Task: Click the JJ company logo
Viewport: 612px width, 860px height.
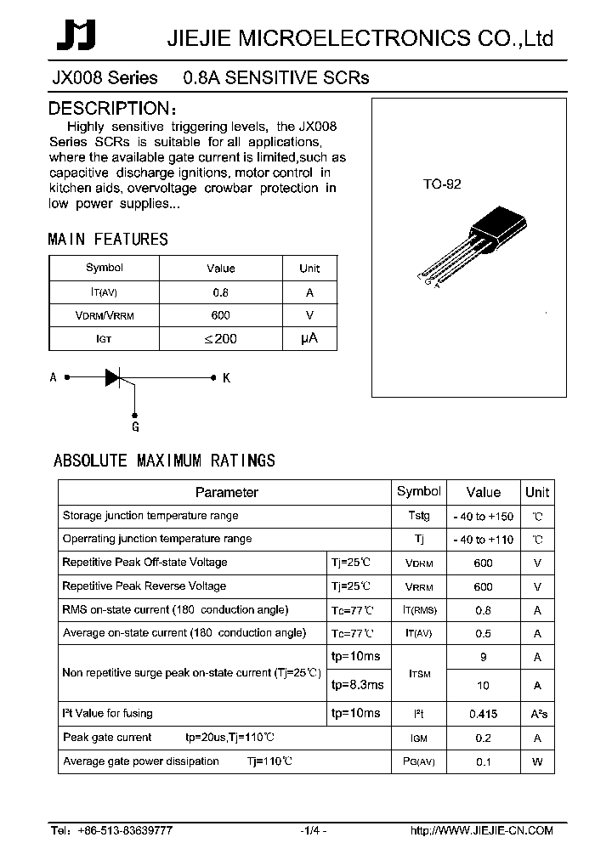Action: point(76,37)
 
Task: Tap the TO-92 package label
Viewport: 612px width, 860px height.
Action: point(442,184)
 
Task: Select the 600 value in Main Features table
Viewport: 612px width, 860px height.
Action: point(221,315)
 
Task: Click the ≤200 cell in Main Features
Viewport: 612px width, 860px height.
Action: point(221,338)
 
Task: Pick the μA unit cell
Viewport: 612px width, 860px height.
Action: point(309,338)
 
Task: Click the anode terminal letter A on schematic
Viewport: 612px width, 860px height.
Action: point(54,377)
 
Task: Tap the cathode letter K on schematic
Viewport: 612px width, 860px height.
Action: point(227,378)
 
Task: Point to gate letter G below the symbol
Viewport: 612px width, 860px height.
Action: point(134,427)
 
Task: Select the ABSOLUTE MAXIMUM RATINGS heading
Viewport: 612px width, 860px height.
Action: point(164,461)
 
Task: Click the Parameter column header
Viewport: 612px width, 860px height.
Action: point(226,492)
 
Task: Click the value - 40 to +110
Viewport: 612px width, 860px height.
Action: point(483,540)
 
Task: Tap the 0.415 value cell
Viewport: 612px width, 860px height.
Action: point(483,715)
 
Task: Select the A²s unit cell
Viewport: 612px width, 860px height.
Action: point(537,715)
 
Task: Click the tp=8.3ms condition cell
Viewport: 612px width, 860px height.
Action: point(356,685)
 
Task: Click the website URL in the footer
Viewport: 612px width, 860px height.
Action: point(482,830)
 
